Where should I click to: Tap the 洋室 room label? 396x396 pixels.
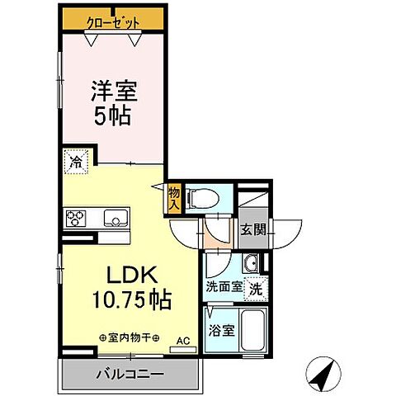pyautogui.click(x=111, y=89)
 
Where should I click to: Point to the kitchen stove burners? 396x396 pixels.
pyautogui.click(x=76, y=218)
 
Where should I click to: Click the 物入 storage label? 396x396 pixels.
pyautogui.click(x=173, y=197)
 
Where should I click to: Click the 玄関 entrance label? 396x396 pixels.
pyautogui.click(x=254, y=230)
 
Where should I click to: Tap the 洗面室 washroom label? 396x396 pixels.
pyautogui.click(x=223, y=289)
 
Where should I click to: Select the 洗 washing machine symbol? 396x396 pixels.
pyautogui.click(x=257, y=290)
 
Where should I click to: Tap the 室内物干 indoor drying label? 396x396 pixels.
pyautogui.click(x=130, y=337)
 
